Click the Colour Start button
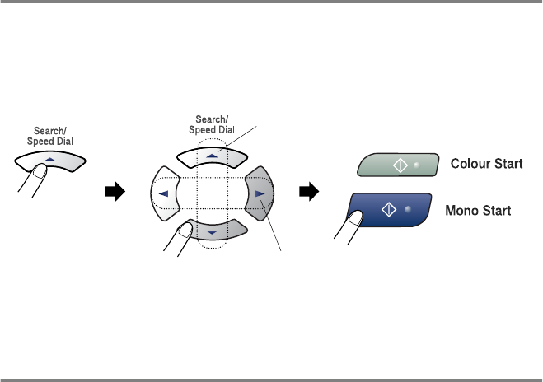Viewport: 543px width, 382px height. click(x=389, y=164)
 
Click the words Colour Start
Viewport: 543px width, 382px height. click(x=486, y=164)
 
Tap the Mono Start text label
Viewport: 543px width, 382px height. click(x=480, y=211)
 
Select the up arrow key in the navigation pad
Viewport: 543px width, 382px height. click(x=213, y=154)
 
